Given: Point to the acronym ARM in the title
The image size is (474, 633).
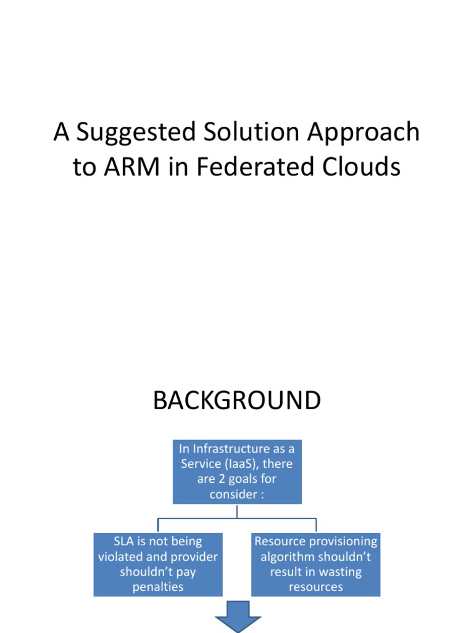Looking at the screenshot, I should pyautogui.click(x=128, y=167).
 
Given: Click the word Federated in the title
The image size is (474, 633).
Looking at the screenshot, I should pyautogui.click(x=240, y=167).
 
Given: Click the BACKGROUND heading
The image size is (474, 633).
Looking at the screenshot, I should pyautogui.click(x=237, y=401).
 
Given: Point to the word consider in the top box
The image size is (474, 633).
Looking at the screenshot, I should pyautogui.click(x=231, y=495).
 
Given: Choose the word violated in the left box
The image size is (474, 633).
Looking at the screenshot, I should pyautogui.click(x=123, y=556).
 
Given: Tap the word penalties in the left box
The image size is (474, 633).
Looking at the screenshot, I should pyautogui.click(x=158, y=587).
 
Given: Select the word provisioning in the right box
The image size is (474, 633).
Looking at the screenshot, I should pyautogui.click(x=343, y=542).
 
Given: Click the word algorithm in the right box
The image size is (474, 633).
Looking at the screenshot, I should pyautogui.click(x=288, y=556).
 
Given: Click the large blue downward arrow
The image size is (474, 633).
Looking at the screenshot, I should pyautogui.click(x=237, y=619).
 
